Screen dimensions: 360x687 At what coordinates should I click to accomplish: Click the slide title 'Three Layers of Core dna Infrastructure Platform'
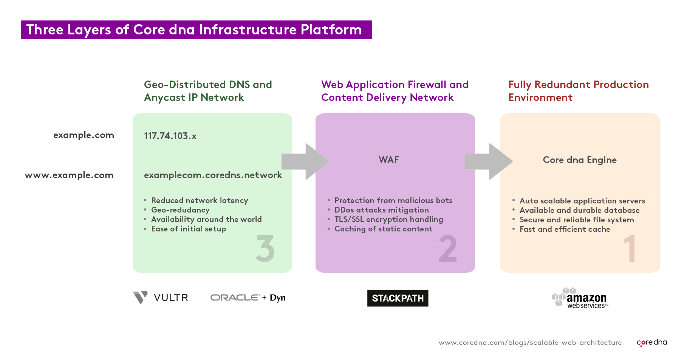click(194, 30)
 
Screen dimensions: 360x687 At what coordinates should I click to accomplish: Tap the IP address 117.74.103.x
click(170, 136)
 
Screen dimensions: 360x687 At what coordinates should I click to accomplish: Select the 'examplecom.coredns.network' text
click(213, 175)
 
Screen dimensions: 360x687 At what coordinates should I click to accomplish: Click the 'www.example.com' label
click(69, 175)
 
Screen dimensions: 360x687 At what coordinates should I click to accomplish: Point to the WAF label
click(388, 160)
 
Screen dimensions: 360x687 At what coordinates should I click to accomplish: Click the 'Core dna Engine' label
click(579, 160)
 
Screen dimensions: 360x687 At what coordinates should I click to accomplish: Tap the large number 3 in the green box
click(265, 248)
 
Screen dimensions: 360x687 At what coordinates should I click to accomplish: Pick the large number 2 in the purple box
click(448, 248)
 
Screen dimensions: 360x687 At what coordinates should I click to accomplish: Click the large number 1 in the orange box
click(630, 248)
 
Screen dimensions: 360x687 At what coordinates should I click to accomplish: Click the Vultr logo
click(161, 298)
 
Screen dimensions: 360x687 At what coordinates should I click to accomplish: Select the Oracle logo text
click(235, 298)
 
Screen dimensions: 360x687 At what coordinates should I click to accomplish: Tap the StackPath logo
click(398, 298)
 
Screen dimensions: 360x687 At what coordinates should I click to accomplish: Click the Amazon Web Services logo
click(580, 298)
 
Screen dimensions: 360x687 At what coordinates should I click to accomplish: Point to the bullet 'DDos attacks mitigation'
click(381, 210)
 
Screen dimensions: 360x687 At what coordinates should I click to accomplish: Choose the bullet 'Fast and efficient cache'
click(565, 229)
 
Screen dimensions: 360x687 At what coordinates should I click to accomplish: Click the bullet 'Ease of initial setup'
click(189, 229)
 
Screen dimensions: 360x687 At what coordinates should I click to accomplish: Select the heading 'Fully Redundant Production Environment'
click(578, 91)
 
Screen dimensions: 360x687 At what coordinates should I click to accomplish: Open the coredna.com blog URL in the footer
click(530, 343)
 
